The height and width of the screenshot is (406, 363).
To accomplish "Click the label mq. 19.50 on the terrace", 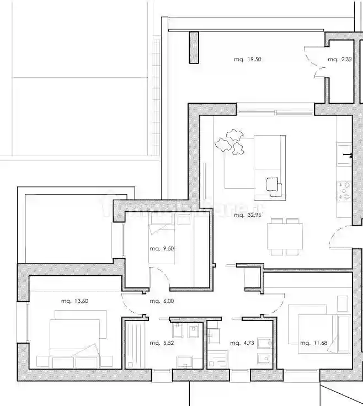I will click(247, 60).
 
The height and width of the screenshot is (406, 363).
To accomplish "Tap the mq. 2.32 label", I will click(337, 60).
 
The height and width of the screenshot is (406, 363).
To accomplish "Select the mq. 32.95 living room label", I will click(247, 215).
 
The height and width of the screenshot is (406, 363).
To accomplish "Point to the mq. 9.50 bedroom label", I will click(162, 249).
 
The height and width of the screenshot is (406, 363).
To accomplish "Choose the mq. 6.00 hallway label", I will click(162, 301).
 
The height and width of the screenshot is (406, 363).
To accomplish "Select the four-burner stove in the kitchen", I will click(345, 190).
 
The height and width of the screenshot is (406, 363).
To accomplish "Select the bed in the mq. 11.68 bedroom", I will click(317, 328).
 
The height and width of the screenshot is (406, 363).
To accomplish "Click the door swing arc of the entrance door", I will click(335, 237).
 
